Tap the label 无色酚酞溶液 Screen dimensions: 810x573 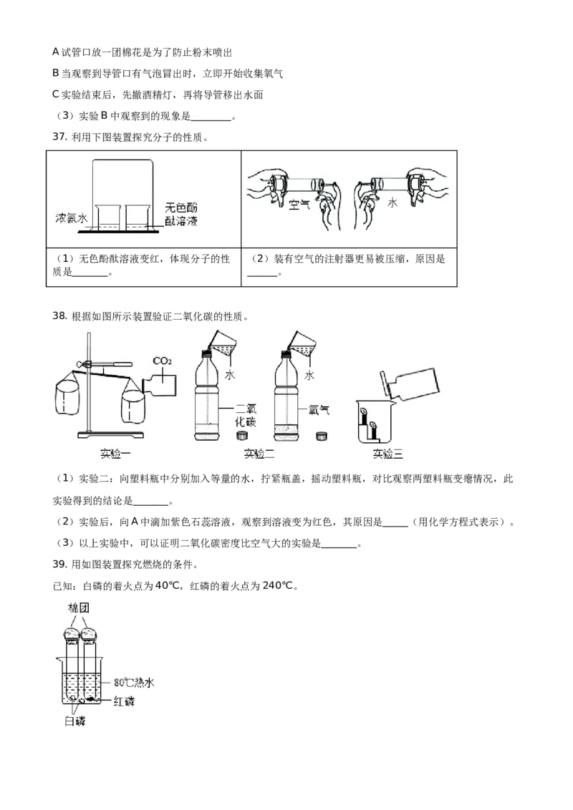(180, 213)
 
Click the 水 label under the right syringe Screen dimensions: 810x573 (392, 204)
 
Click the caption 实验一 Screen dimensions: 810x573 (116, 454)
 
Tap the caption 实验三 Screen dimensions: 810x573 (388, 454)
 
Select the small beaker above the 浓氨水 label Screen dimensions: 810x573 (107, 216)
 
